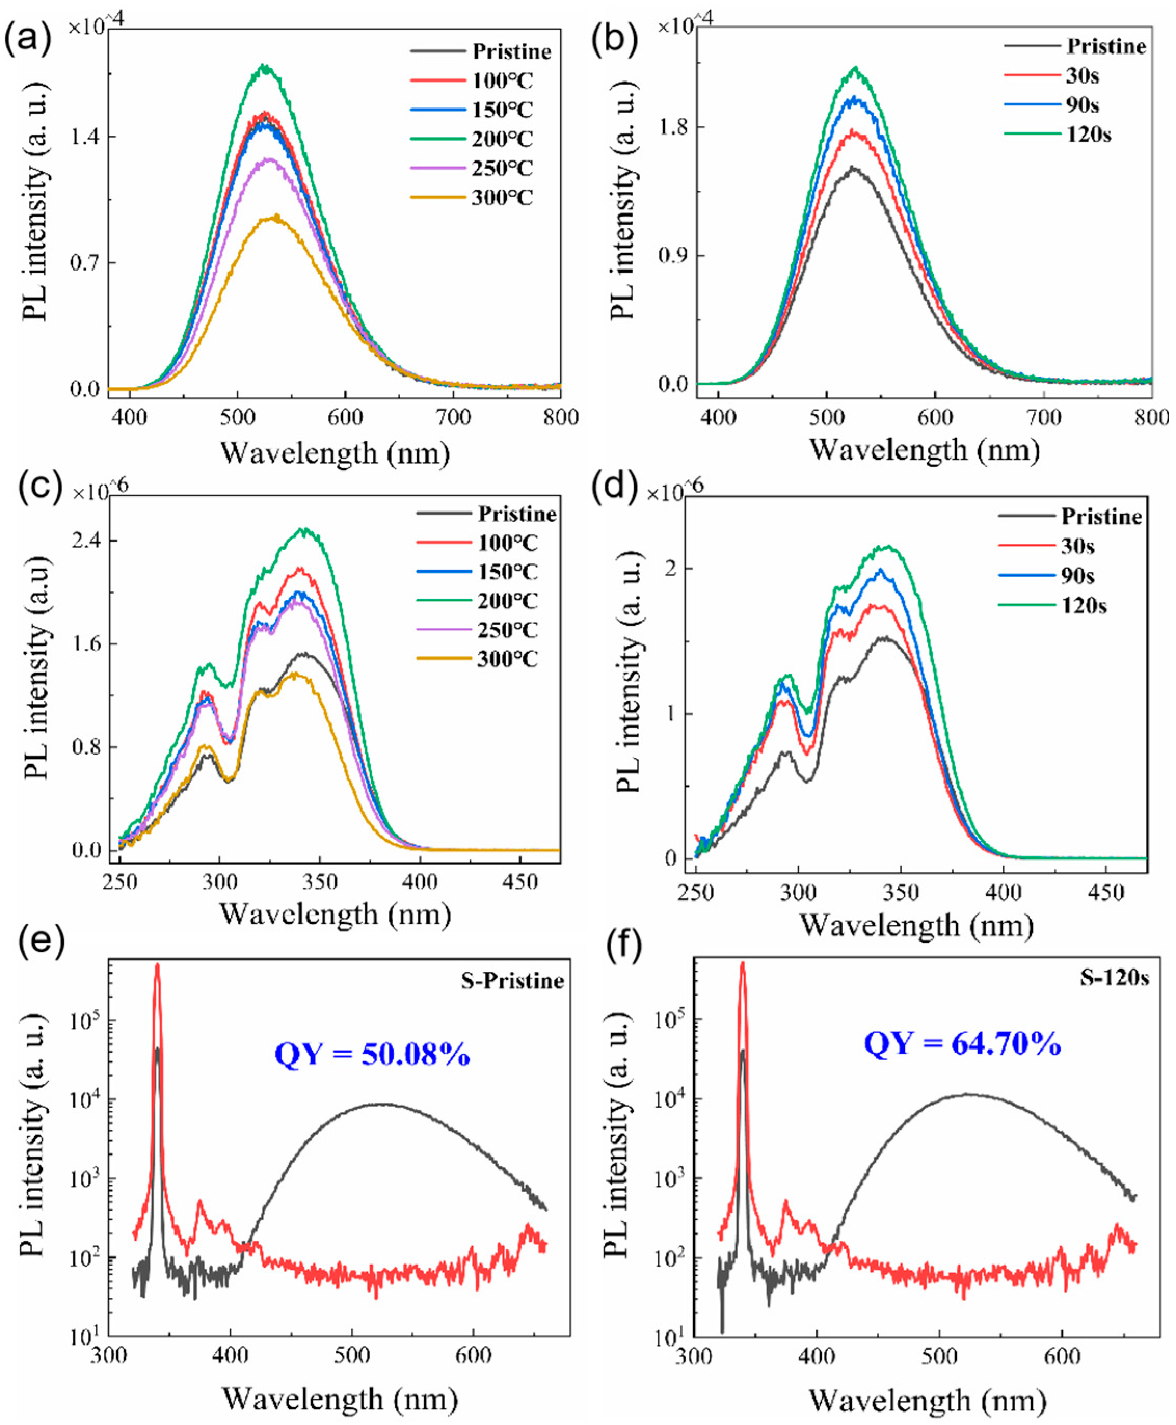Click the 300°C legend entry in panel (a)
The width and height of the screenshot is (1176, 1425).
[501, 198]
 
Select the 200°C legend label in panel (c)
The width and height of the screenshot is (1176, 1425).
[507, 601]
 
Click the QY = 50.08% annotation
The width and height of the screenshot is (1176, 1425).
[372, 1055]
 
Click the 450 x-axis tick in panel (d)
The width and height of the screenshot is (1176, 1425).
[1105, 893]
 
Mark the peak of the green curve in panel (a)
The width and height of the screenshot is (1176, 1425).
[265, 66]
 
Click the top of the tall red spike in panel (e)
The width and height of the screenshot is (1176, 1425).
[157, 964]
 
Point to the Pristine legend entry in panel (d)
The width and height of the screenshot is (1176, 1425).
[1101, 517]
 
